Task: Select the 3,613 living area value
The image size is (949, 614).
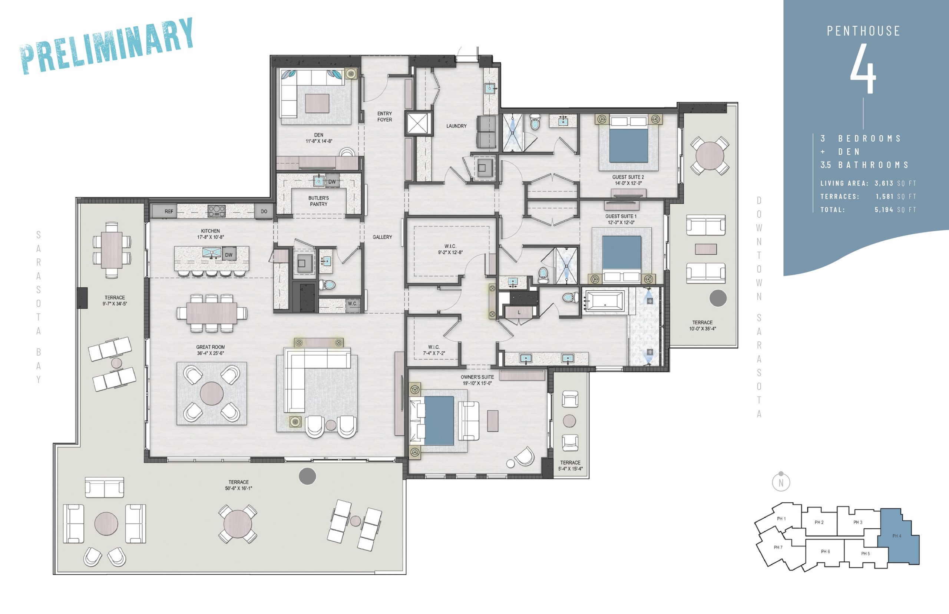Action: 884,184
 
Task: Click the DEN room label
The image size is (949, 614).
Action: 318,135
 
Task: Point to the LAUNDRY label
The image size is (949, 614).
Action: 456,126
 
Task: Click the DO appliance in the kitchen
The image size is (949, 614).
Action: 264,211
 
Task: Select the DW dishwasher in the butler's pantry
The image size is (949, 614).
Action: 332,181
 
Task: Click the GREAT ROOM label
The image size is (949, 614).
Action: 211,347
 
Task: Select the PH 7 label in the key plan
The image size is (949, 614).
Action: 778,547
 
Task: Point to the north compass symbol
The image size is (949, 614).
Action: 781,482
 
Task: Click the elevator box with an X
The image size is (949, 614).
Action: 418,123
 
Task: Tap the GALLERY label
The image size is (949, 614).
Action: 382,237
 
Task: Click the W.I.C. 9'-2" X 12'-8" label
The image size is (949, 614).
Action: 450,249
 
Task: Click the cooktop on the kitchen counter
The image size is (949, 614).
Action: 216,211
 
